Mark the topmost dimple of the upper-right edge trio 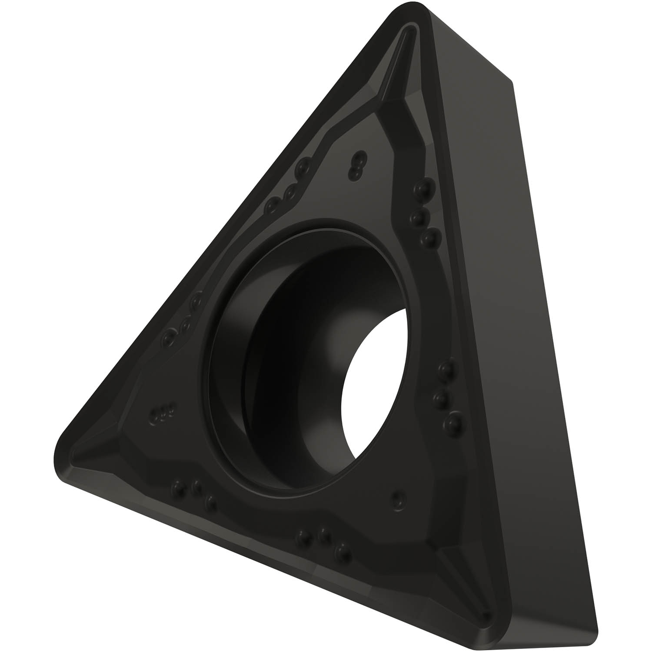[x=421, y=188]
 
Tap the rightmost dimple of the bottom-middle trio [x=343, y=550]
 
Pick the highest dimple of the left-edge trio [x=196, y=299]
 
